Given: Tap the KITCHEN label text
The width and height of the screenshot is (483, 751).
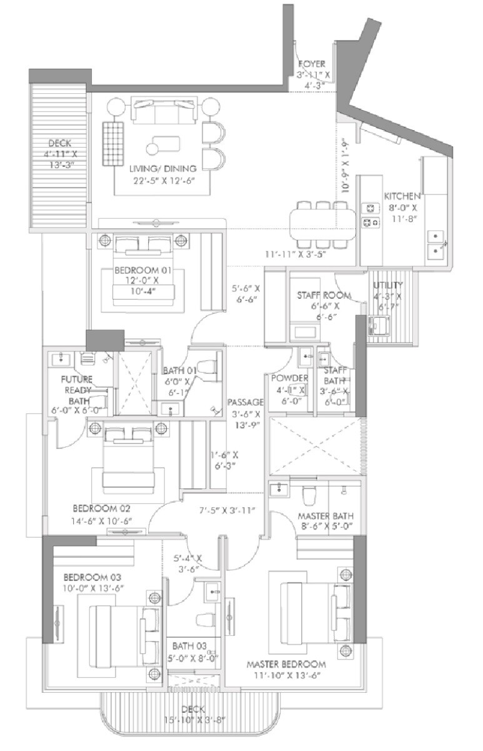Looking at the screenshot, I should [x=402, y=196].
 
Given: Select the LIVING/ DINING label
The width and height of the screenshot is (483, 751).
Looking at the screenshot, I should [x=162, y=168].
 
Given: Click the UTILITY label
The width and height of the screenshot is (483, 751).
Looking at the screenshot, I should [x=388, y=285].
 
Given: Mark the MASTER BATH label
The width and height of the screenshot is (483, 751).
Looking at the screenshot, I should [x=325, y=516].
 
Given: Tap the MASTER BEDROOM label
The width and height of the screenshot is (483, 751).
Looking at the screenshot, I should [x=286, y=664].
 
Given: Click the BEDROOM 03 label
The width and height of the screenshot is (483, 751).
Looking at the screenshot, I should [x=92, y=577].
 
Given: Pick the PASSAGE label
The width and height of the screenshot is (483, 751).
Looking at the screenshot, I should [x=245, y=401].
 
